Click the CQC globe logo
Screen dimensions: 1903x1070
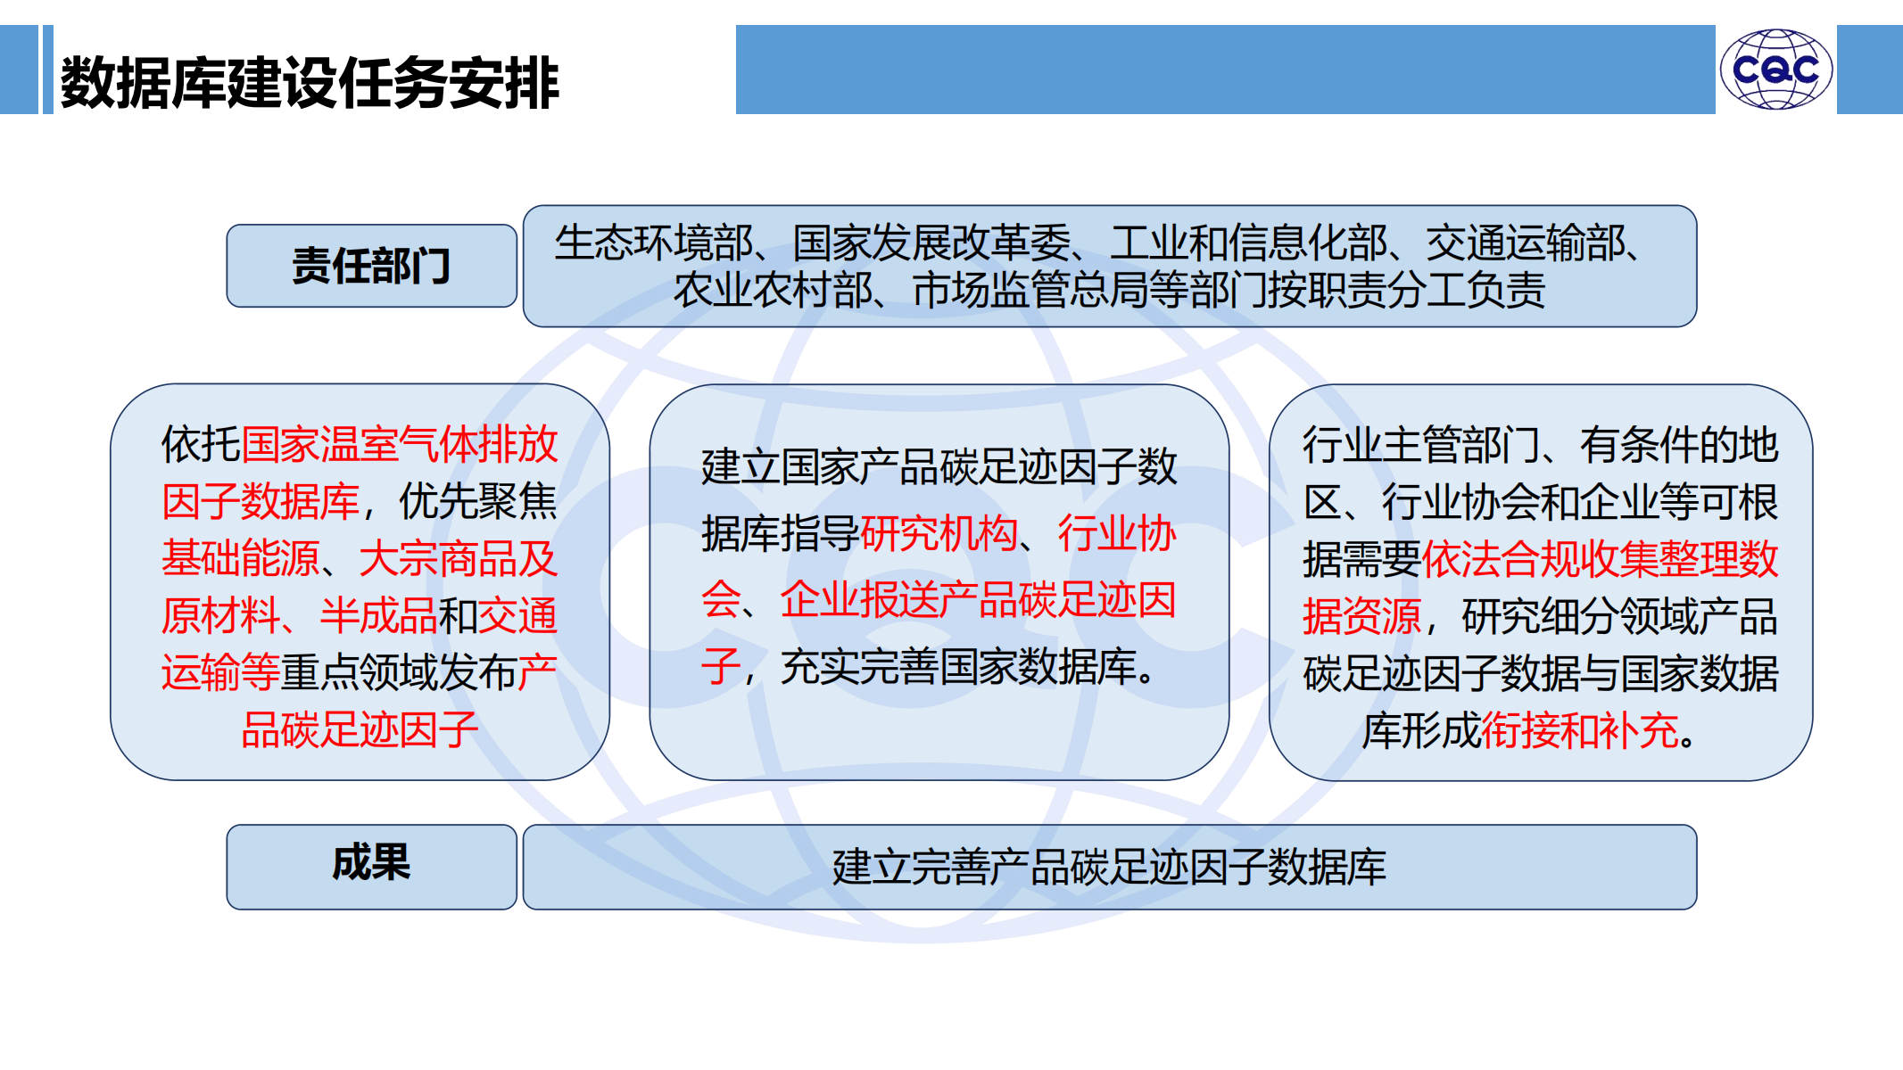[1775, 70]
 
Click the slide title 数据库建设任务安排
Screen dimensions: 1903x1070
[310, 83]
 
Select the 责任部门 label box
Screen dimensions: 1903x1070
[371, 266]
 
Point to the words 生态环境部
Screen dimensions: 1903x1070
[654, 243]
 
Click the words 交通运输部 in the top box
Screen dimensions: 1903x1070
[1526, 243]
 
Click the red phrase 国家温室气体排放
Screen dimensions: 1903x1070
[400, 444]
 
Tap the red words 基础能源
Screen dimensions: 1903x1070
[241, 558]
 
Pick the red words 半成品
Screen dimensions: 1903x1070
[379, 615]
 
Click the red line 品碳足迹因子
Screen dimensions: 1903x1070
[360, 729]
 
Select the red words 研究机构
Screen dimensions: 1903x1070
[939, 533]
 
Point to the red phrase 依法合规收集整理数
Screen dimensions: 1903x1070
[1601, 559]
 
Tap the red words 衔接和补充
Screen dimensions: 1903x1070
[1580, 730]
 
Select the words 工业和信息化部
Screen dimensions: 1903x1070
[1249, 243]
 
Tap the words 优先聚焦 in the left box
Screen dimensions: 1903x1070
[478, 501]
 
